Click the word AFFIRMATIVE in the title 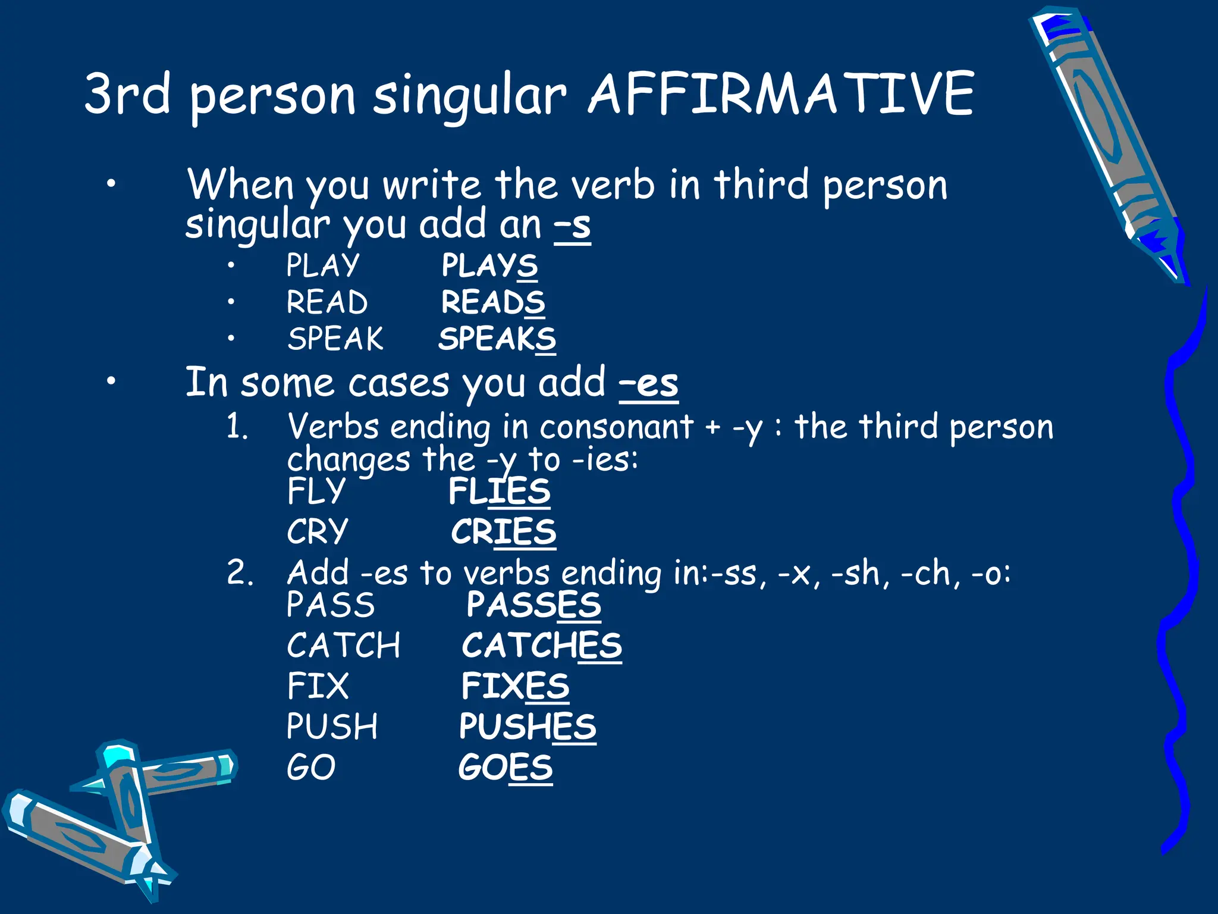tap(780, 94)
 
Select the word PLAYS tap(489, 265)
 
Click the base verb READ tap(327, 302)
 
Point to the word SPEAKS tap(497, 339)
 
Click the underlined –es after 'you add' tap(648, 384)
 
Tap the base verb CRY tap(317, 531)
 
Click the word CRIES tap(503, 531)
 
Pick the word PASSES tap(533, 605)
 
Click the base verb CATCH tap(344, 646)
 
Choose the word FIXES tap(515, 686)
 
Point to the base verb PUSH tap(332, 727)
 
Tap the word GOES tap(506, 768)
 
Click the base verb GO tap(311, 768)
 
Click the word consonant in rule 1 tap(616, 427)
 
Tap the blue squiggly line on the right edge tap(1184, 595)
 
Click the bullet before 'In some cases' tap(111, 383)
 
